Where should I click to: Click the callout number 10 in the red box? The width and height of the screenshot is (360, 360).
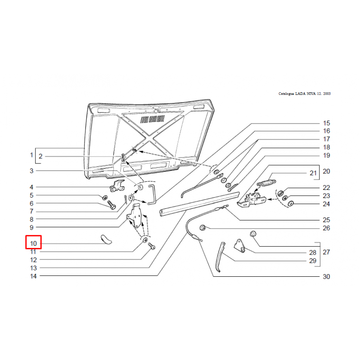(33, 243)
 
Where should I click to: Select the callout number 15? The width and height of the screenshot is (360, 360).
(326, 123)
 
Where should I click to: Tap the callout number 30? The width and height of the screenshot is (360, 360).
(326, 277)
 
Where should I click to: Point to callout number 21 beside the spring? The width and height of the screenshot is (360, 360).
(313, 173)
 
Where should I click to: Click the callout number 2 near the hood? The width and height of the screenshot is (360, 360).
(40, 156)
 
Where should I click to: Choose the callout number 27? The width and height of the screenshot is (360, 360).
(326, 252)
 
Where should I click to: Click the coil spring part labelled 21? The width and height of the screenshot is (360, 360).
(266, 183)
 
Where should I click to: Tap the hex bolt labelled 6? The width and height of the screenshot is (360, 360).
(112, 205)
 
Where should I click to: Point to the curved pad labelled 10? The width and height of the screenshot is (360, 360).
(106, 239)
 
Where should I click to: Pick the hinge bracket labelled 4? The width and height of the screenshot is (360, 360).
(117, 186)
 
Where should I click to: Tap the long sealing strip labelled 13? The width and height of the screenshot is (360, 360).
(199, 204)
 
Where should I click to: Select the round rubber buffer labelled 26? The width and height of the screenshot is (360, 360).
(203, 228)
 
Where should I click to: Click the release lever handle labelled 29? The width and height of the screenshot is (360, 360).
(220, 256)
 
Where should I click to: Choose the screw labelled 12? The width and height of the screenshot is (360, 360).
(152, 247)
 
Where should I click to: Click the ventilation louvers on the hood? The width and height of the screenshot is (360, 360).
(153, 119)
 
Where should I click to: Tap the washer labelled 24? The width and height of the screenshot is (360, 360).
(291, 204)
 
